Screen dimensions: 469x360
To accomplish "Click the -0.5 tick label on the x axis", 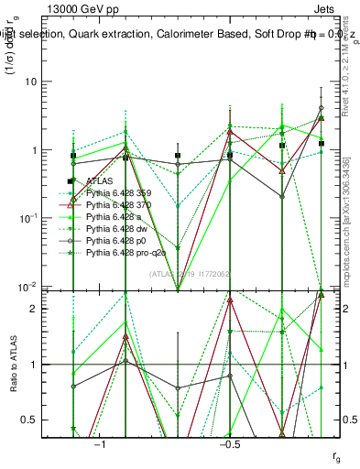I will pyautogui.click(x=229, y=443).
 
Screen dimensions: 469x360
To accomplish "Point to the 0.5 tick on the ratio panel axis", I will pyautogui.click(x=42, y=420).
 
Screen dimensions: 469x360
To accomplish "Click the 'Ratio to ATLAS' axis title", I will pyautogui.click(x=15, y=365).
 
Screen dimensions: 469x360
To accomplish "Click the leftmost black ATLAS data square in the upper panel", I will pyautogui.click(x=73, y=156).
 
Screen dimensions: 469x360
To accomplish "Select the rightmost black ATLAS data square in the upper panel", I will pyautogui.click(x=322, y=143).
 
